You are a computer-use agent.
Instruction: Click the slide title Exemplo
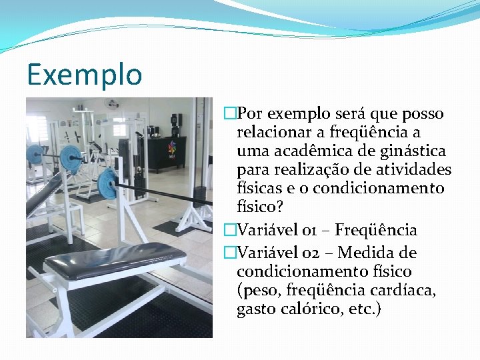85,75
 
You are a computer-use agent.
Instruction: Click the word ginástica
413,151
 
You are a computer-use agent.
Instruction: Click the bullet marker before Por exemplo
231,114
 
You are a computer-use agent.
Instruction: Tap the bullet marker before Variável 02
231,253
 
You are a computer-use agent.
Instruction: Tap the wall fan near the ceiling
111,103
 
